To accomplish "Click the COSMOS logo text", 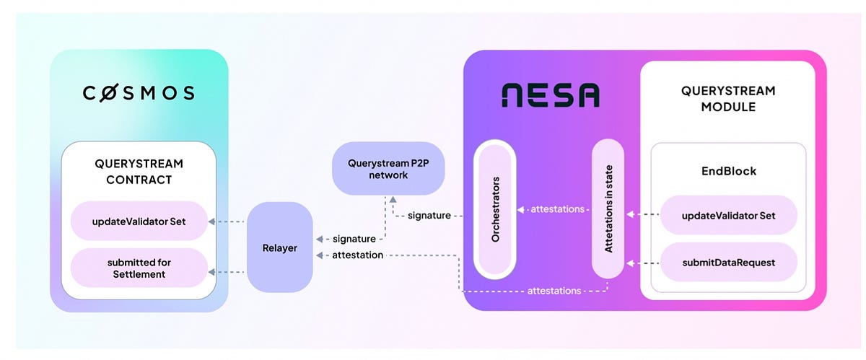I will (x=139, y=93).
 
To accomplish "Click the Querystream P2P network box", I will (x=388, y=168).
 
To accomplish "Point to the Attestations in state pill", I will (x=608, y=208).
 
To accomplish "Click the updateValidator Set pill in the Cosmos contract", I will (x=139, y=221).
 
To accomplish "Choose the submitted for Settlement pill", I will (x=139, y=267).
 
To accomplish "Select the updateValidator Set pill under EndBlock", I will (x=728, y=215).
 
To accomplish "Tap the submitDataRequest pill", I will (x=728, y=263).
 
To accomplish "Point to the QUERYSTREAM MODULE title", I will (x=727, y=99).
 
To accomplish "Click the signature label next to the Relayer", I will (x=354, y=239).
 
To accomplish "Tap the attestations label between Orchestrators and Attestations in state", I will (x=557, y=209).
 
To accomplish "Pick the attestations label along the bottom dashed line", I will (x=554, y=291).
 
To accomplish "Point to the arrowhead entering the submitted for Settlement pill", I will (x=211, y=272).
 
